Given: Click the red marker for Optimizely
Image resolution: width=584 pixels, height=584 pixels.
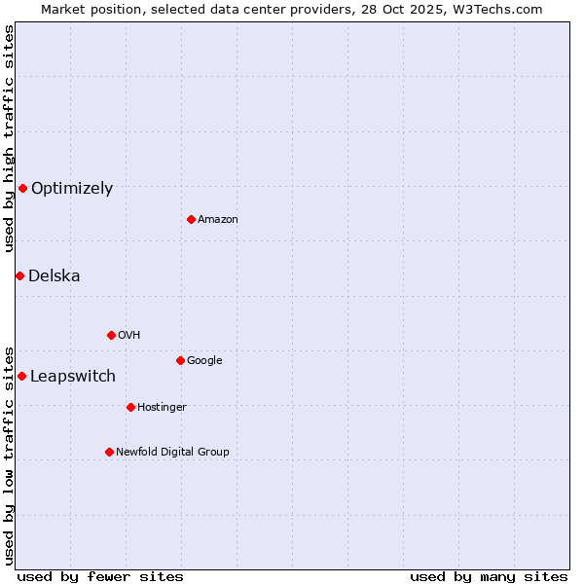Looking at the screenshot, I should pyautogui.click(x=22, y=188).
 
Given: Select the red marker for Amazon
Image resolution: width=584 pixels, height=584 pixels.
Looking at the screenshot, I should pyautogui.click(x=191, y=219).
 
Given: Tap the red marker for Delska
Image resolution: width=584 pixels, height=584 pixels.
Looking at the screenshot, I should pyautogui.click(x=19, y=275).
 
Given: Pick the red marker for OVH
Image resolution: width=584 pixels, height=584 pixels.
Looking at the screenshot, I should pyautogui.click(x=111, y=335).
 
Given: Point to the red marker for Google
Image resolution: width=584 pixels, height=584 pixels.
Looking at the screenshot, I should pyautogui.click(x=180, y=360).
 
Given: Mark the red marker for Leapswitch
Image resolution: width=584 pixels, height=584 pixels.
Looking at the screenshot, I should pyautogui.click(x=21, y=376).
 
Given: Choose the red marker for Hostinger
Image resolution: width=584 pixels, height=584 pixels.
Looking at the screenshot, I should pyautogui.click(x=130, y=407).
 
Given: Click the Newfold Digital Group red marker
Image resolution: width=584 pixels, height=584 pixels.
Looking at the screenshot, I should pyautogui.click(x=109, y=452).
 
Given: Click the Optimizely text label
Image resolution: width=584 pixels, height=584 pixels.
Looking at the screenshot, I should pyautogui.click(x=72, y=189).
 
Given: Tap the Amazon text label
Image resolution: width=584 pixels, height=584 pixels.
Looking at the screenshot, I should pyautogui.click(x=218, y=220).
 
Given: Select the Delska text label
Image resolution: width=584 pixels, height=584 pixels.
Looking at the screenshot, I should pyautogui.click(x=55, y=276).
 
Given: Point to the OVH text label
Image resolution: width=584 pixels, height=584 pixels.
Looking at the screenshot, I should pyautogui.click(x=129, y=336).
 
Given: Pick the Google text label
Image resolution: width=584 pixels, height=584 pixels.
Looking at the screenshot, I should pyautogui.click(x=204, y=361).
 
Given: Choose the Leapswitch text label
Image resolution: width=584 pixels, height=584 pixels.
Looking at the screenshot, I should pyautogui.click(x=73, y=377).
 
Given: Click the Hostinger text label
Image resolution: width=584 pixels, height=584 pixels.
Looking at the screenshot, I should pyautogui.click(x=162, y=408).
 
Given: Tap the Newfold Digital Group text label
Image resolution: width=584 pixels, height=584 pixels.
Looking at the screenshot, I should pyautogui.click(x=172, y=453).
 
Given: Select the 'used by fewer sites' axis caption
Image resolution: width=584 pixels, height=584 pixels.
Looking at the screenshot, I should pyautogui.click(x=100, y=576).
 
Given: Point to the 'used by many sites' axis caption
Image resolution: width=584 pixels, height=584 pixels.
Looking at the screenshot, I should pyautogui.click(x=489, y=576).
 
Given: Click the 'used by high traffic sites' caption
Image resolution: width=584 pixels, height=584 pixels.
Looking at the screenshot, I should pyautogui.click(x=10, y=138).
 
